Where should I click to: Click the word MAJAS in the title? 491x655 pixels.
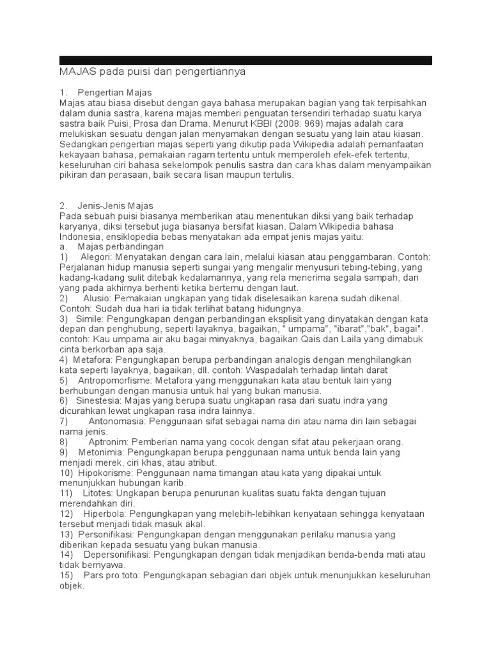coord(75,72)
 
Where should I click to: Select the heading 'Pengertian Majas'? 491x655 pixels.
coord(114,93)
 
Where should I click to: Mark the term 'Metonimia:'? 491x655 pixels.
coord(101,452)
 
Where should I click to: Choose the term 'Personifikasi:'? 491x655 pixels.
coord(106,534)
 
